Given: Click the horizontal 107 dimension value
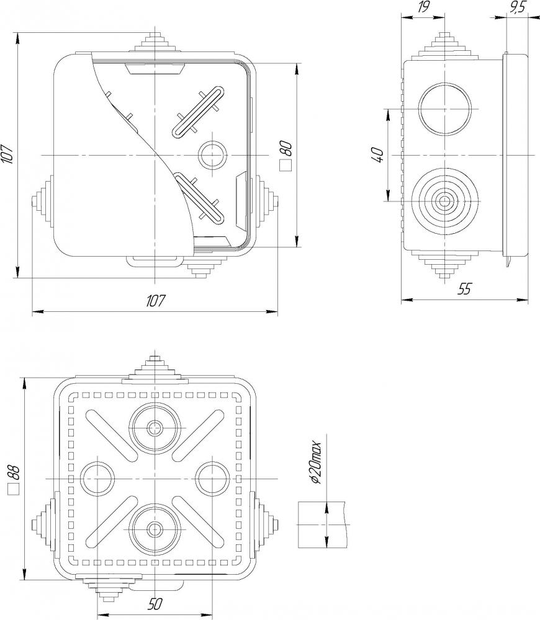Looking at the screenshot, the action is (x=156, y=301).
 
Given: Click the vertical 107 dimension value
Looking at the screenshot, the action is (x=7, y=154).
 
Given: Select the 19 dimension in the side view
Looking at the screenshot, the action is (x=424, y=7).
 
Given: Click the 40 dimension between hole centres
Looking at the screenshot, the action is (x=377, y=154).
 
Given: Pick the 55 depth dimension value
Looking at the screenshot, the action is (x=464, y=289).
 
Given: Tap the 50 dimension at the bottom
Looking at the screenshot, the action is (x=156, y=604).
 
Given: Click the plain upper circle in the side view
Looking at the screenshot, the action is (x=446, y=109).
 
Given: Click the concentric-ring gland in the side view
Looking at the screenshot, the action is (x=446, y=201).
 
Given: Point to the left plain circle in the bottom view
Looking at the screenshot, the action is (x=98, y=478).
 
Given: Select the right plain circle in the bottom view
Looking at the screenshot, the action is (x=213, y=478).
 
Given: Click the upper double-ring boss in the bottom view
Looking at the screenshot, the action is (x=155, y=427).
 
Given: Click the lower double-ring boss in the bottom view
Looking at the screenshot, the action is (x=155, y=528).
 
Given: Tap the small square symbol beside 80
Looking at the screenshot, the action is (x=286, y=166).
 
